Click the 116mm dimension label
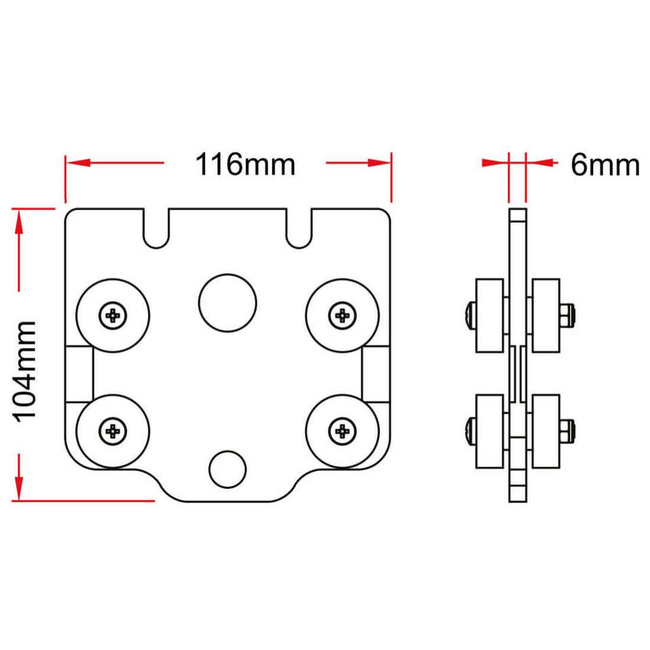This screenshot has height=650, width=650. pos(245,165)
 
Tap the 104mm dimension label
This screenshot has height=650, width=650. pos(25,372)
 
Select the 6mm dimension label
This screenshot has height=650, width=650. pos(605,165)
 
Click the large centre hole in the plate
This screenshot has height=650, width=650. pos(227,303)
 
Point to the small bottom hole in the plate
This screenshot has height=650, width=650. pos(227,469)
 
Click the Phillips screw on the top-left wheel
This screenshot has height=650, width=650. pos(113,316)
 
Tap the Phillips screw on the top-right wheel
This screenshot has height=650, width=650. pos(343,316)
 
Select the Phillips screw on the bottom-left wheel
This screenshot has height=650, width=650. pos(113,431)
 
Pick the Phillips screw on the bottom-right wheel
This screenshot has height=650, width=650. pos(343,431)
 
